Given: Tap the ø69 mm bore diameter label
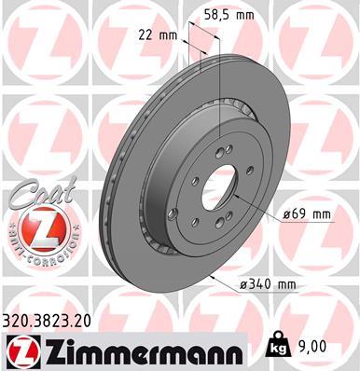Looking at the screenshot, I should point(307,213).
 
